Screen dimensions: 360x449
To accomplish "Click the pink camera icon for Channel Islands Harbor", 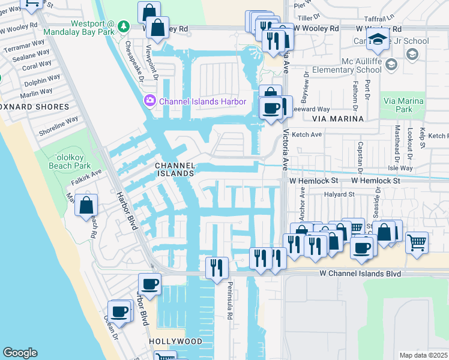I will click(149, 101).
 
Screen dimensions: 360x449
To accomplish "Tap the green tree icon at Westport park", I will click(124, 26).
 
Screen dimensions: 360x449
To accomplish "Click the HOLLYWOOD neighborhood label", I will click(175, 341).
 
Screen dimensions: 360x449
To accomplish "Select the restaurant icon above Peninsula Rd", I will click(216, 268).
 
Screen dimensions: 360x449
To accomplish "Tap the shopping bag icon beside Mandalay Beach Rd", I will click(86, 205).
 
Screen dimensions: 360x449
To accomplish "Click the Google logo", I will click(20, 353).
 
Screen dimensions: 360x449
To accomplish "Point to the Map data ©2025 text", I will click(424, 355).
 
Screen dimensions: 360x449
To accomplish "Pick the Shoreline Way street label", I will click(58, 121).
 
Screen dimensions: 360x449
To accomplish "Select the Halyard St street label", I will click(336, 194).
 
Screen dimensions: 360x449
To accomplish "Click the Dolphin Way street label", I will click(42, 79).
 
